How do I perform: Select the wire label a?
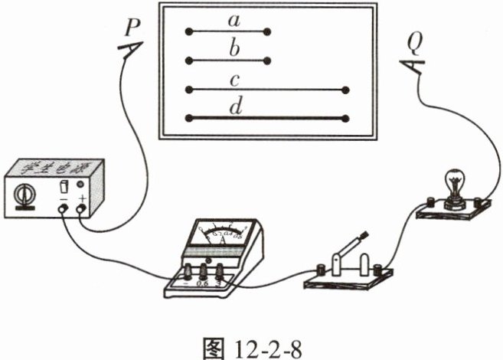pos(231,21)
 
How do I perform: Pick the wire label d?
pos(237,107)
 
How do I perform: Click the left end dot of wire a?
pos(188,32)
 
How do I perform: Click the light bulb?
pos(453,184)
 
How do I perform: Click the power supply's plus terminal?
pos(82,208)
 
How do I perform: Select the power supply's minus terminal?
pos(64,208)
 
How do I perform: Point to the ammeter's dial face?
pos(223,235)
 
